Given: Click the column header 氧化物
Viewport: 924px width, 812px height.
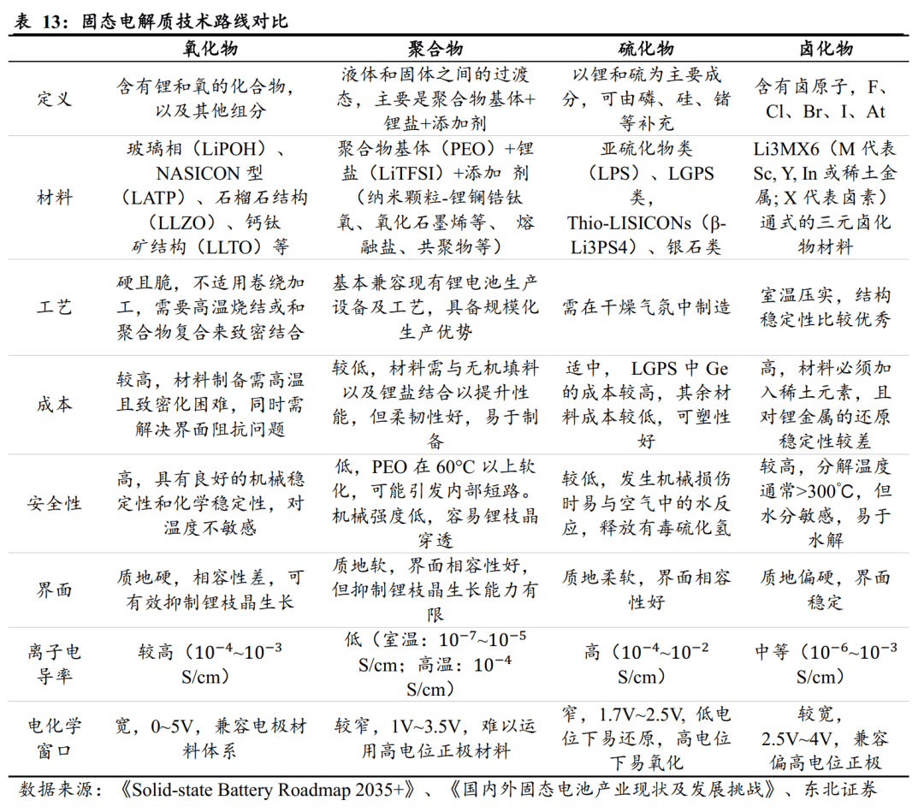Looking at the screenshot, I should (210, 49).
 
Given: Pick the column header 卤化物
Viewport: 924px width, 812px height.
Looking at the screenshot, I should (826, 49).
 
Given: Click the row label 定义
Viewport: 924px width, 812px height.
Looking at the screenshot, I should (55, 98).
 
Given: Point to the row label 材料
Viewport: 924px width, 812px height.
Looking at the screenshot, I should (55, 198).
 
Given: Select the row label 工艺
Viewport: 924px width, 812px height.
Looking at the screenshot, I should (55, 307).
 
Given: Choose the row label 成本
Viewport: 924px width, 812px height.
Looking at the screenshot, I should (55, 405).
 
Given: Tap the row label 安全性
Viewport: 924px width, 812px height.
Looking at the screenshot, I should (55, 503).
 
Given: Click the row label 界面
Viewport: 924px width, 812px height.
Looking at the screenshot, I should (55, 590).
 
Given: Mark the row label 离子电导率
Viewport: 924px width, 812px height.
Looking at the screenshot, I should (55, 665).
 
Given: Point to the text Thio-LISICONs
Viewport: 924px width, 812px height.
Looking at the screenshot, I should (629, 222).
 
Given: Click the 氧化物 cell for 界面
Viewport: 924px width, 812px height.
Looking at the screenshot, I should (210, 590).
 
